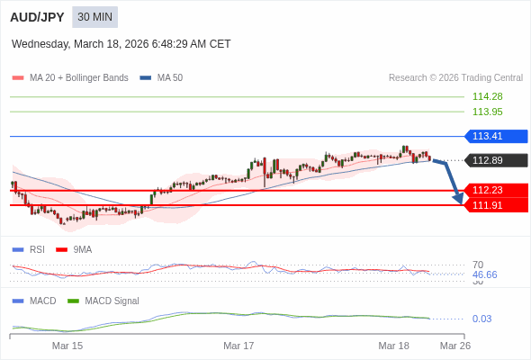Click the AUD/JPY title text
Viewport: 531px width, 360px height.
point(38,17)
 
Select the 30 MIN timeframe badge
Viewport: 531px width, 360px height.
point(94,17)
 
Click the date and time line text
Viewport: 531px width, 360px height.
point(121,43)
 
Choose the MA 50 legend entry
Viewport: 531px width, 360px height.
point(162,78)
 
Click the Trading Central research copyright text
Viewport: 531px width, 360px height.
point(455,78)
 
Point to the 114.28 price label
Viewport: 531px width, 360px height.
point(487,96)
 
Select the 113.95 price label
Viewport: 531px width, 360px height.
point(487,112)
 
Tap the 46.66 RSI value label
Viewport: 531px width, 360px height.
point(484,274)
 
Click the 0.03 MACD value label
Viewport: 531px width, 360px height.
point(481,319)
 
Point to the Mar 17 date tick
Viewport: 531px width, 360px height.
point(238,345)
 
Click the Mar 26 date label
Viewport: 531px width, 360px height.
point(454,345)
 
